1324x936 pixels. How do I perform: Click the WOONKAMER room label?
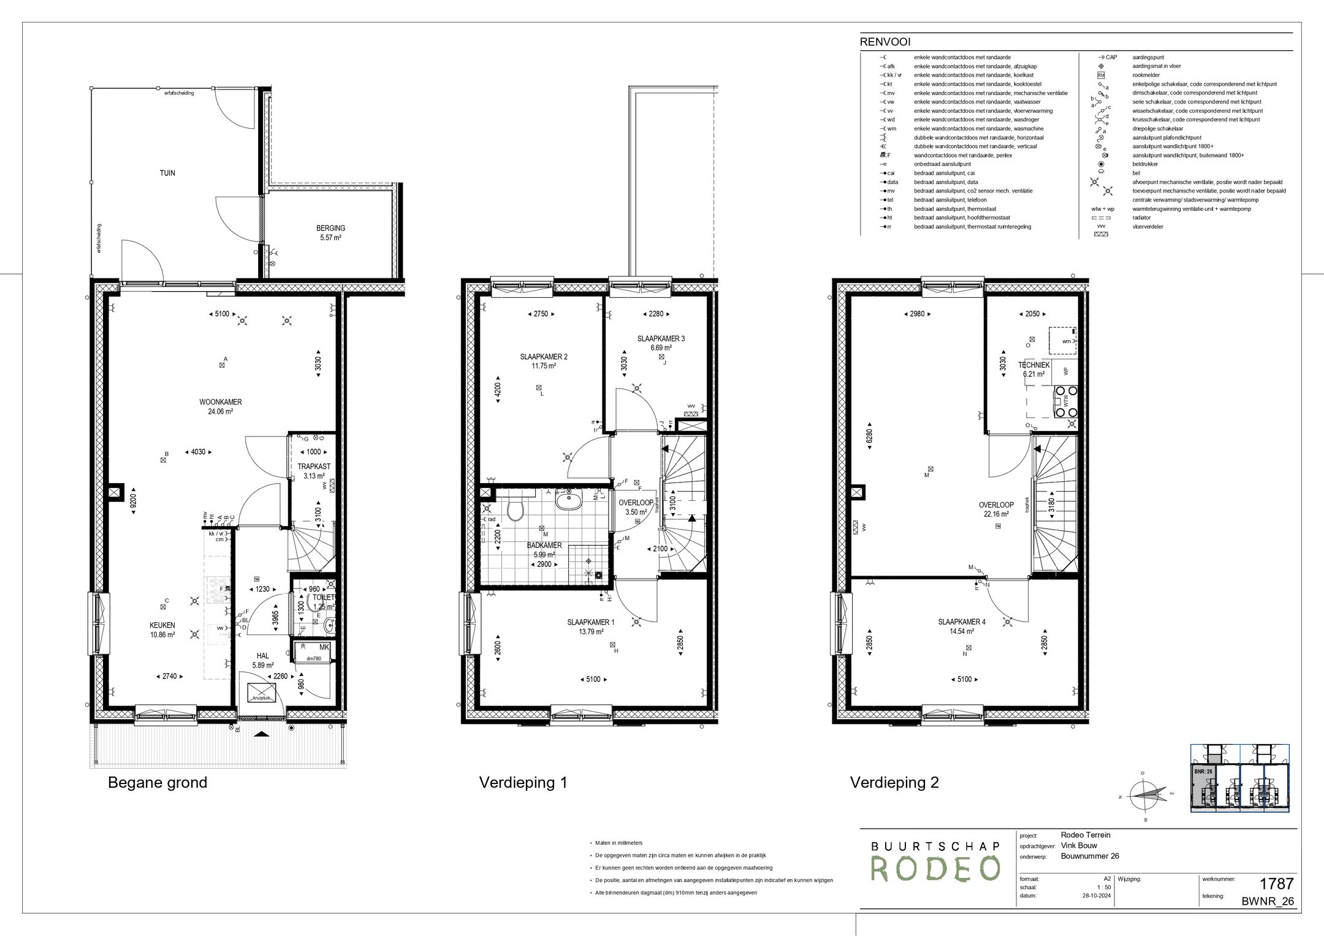pos(220,402)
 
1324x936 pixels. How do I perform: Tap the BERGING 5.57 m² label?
pos(330,229)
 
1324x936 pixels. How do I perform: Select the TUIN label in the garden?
pos(167,173)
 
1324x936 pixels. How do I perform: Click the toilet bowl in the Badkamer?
pos(516,509)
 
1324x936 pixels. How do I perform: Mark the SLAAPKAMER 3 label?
pos(661,338)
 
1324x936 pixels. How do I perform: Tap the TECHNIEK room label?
pos(1034,365)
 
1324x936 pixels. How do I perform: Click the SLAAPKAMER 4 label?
pos(961,622)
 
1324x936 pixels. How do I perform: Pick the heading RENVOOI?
pos(885,42)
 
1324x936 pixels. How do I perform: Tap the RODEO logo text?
pos(935,869)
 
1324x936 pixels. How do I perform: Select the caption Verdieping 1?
pos(523,783)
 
